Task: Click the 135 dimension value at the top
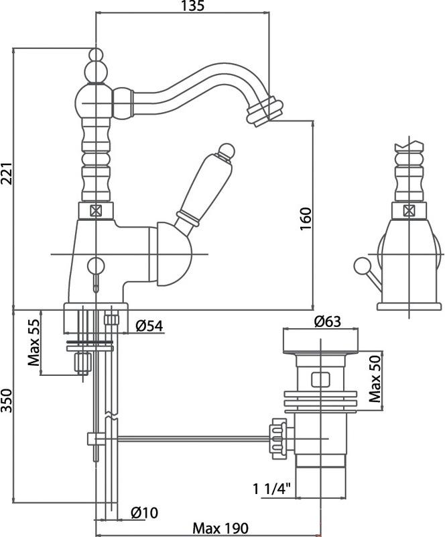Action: point(193,7)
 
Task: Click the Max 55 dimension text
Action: point(34,342)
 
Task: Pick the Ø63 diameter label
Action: point(328,322)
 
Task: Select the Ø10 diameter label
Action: point(144,514)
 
